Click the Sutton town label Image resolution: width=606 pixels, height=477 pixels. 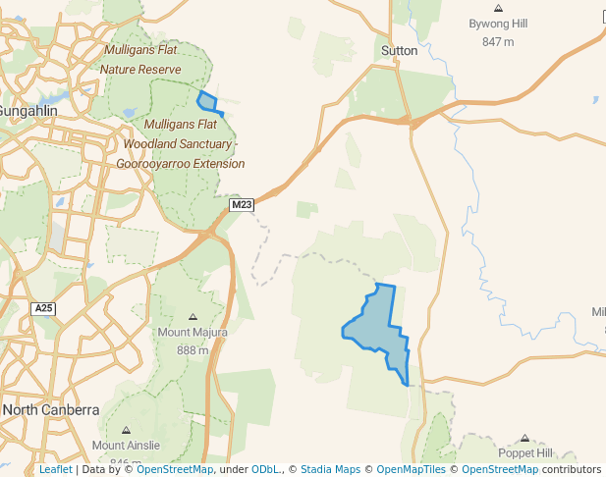(x=399, y=51)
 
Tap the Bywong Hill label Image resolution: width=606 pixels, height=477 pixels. (x=498, y=23)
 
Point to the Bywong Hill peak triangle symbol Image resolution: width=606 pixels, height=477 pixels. (x=498, y=8)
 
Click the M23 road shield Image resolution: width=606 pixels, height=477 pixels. (x=242, y=205)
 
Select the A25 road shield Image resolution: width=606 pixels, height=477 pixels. (x=43, y=308)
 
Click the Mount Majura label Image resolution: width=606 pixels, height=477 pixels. (x=193, y=333)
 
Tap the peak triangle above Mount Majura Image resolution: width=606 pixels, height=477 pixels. (x=193, y=317)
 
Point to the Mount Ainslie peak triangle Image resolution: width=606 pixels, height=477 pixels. (x=126, y=430)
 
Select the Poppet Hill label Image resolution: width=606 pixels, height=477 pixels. (x=525, y=453)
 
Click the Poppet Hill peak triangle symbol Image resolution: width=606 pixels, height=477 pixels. (x=525, y=439)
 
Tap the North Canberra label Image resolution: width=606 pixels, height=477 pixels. (x=50, y=410)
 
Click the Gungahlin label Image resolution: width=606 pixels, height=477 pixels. (x=28, y=111)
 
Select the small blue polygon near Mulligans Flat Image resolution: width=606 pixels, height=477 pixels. (x=207, y=101)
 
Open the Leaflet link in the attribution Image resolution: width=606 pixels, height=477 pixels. (x=55, y=469)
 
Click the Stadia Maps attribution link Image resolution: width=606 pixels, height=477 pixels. (x=330, y=469)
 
